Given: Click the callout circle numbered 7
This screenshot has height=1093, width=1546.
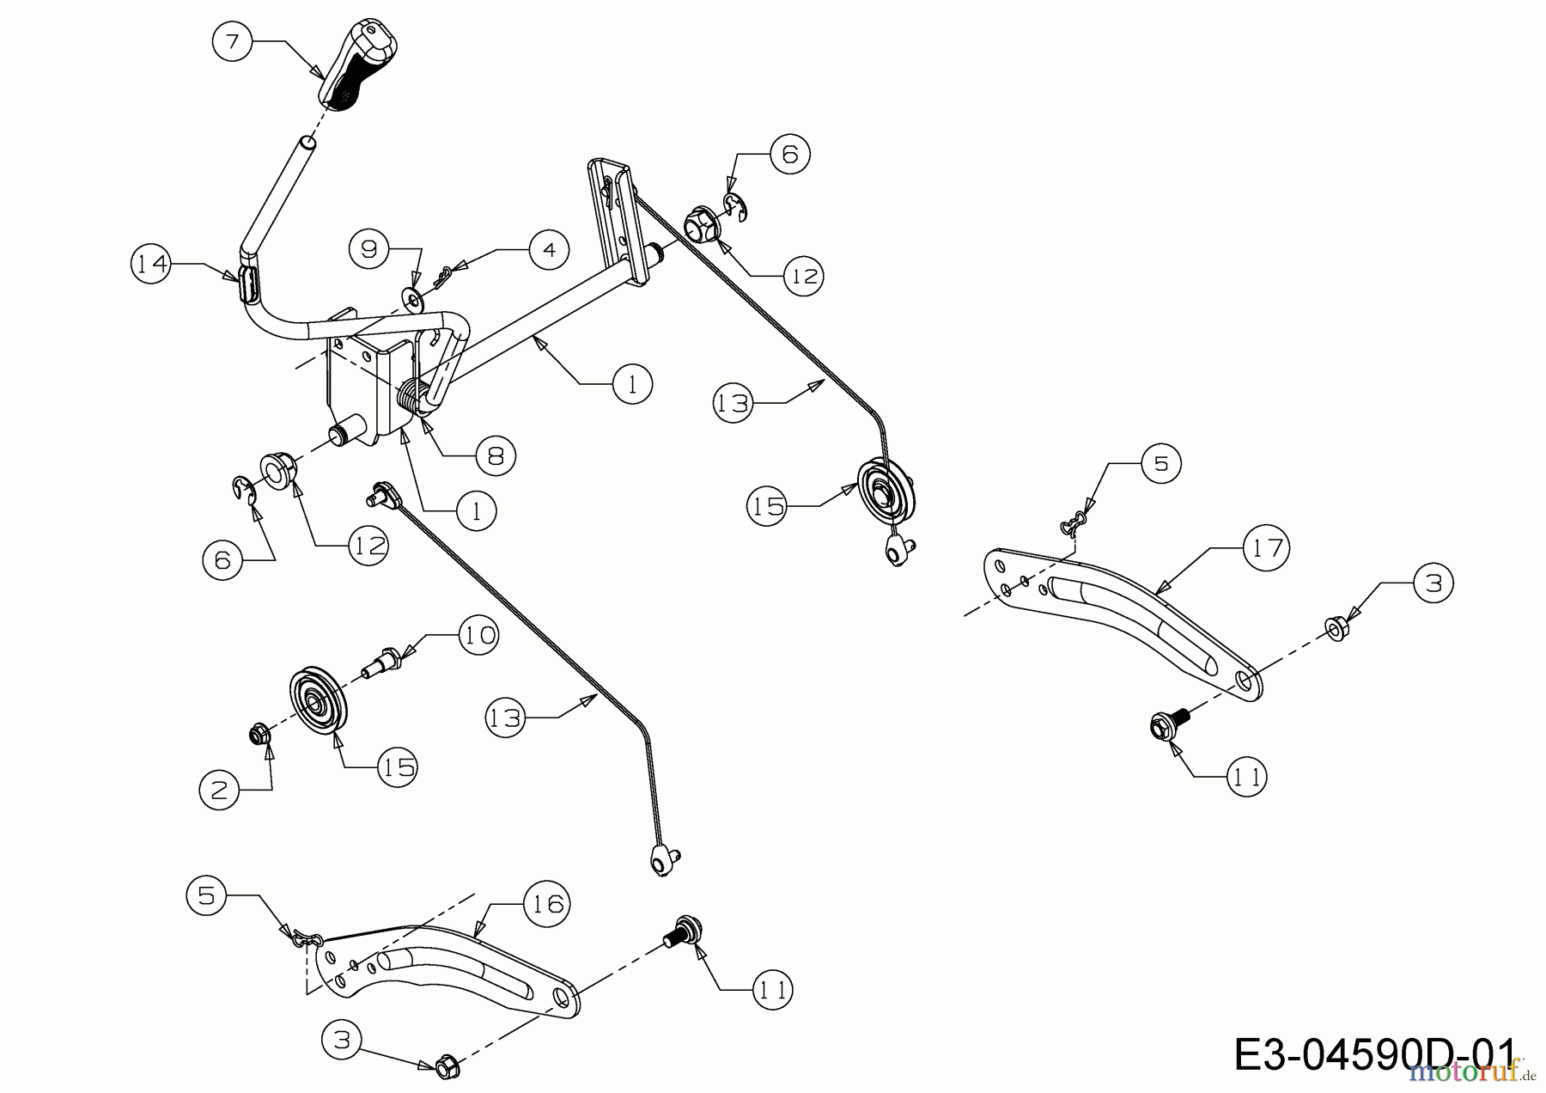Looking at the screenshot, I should pyautogui.click(x=232, y=40).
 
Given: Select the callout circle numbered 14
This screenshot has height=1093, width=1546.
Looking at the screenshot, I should pyautogui.click(x=151, y=265).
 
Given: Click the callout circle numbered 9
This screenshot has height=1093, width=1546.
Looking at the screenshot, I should pyautogui.click(x=369, y=249).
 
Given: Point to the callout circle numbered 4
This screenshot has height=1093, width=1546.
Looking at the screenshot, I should pyautogui.click(x=549, y=250).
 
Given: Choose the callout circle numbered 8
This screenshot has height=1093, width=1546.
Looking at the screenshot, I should pyautogui.click(x=496, y=455).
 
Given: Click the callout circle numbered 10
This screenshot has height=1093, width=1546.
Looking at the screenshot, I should pyautogui.click(x=478, y=636).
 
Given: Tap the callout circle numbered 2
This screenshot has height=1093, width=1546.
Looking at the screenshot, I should pyautogui.click(x=220, y=790).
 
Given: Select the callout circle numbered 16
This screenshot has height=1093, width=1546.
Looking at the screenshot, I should pyautogui.click(x=548, y=904).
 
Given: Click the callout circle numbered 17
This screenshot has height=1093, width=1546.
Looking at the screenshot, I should pyautogui.click(x=1268, y=547).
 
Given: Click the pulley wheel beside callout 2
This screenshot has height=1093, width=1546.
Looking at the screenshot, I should pyautogui.click(x=317, y=700).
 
